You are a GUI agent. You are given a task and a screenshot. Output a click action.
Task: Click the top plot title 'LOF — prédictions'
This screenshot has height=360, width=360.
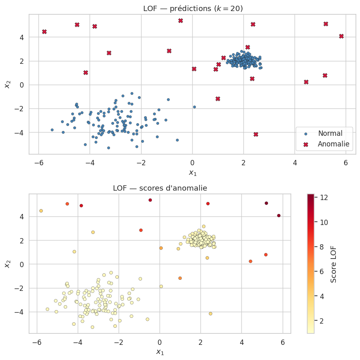192,8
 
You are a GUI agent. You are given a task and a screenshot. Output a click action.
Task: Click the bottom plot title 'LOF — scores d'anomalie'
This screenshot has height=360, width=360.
160,188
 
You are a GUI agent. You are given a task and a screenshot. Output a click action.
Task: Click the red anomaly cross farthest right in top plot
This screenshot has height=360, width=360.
341,36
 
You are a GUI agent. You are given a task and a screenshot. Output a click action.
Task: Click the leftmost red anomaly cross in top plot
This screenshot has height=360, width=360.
44,32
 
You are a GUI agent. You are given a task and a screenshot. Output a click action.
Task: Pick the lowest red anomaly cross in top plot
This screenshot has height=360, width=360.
256,135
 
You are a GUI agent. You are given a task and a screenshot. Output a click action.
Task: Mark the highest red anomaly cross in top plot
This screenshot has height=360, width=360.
180,21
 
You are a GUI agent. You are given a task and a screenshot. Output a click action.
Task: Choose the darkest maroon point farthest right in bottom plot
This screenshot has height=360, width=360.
279,216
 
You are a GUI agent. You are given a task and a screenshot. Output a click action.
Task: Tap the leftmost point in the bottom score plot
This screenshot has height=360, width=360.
41,211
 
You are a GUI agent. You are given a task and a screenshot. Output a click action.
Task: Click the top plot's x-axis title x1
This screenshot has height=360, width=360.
192,173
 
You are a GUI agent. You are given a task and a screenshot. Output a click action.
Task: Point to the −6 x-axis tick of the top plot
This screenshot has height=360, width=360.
38,162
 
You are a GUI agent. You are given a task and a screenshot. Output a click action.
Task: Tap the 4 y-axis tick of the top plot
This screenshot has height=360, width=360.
21,37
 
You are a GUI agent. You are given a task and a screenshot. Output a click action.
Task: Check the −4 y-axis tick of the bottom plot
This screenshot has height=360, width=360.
19,312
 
